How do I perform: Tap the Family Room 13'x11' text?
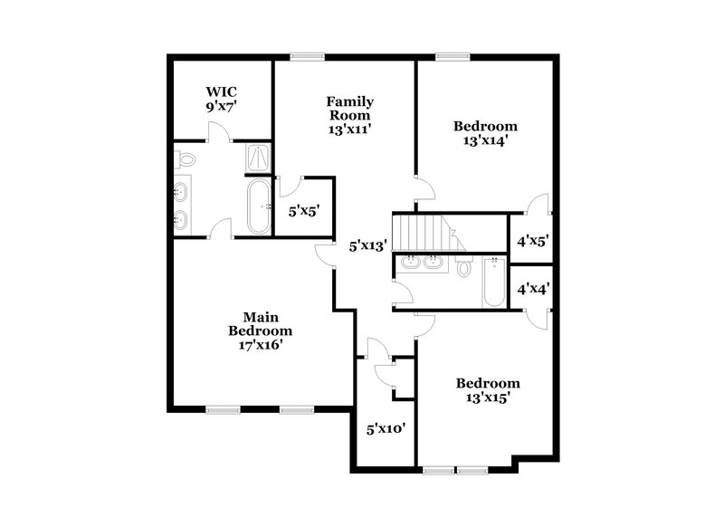(349, 115)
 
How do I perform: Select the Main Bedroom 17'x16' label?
(260, 331)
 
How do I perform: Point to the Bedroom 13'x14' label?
(485, 133)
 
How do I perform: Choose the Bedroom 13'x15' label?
(487, 390)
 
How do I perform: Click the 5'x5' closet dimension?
(304, 211)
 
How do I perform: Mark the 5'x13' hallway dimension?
(368, 244)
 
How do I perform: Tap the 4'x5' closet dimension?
(533, 242)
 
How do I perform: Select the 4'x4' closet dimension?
(533, 290)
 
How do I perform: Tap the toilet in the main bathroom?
(186, 160)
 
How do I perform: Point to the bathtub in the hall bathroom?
(494, 283)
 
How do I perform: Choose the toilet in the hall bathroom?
(464, 267)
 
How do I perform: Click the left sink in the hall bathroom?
(410, 263)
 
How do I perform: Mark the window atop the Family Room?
(308, 57)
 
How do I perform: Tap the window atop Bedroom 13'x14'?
(450, 57)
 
